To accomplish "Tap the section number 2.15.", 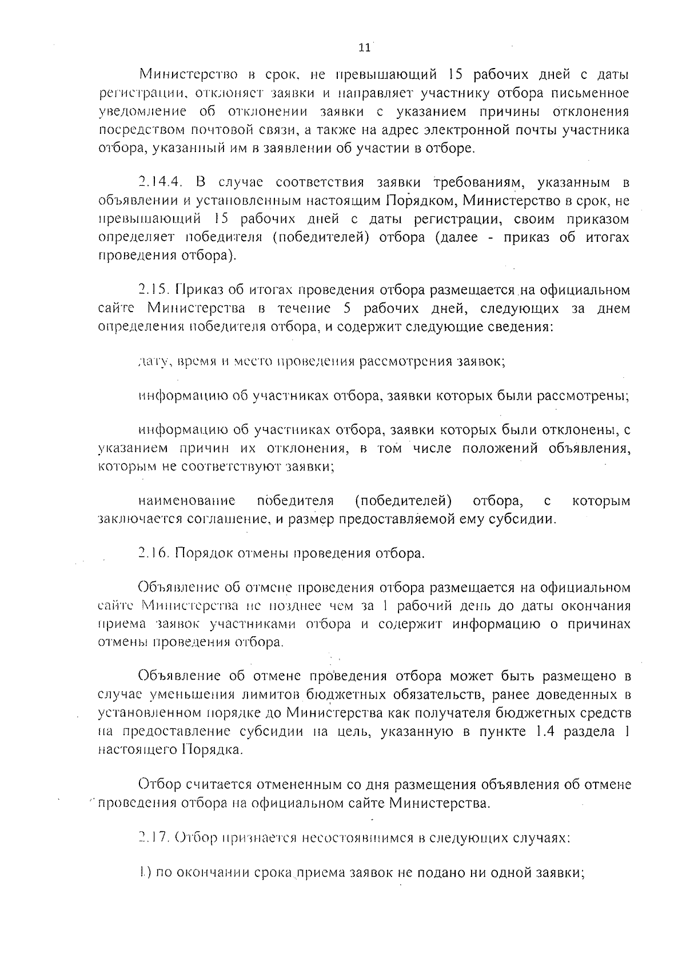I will tap(154, 290).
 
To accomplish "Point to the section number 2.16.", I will tap(154, 553).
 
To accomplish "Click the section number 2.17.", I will tap(154, 838).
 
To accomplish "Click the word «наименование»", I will tap(187, 501).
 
